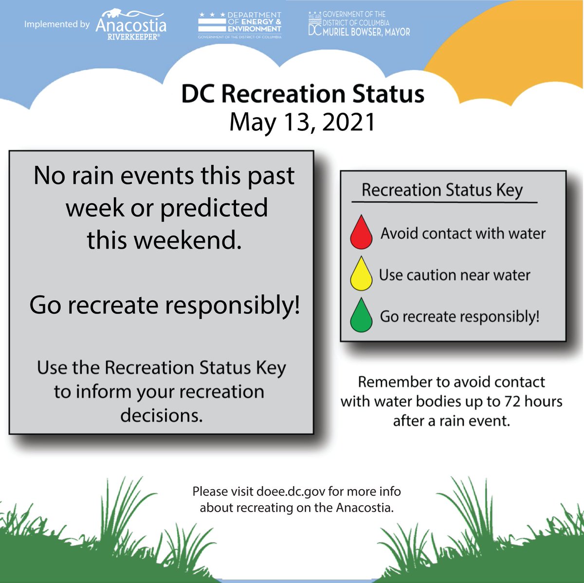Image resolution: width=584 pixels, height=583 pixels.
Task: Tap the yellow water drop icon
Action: coord(361,275)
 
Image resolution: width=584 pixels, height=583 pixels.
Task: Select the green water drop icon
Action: coord(361,316)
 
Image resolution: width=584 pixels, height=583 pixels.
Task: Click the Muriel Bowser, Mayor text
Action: coord(366,32)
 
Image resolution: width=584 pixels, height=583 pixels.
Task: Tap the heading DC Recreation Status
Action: coord(302,94)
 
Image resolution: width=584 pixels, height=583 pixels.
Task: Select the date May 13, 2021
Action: coord(302,122)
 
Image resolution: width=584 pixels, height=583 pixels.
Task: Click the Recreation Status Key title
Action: coord(442,190)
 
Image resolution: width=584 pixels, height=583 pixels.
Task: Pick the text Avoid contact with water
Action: coord(463,234)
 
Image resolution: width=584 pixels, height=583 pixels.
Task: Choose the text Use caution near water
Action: coord(455,275)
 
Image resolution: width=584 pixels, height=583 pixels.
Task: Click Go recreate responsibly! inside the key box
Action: coord(459,317)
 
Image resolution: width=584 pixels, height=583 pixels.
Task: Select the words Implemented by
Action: coord(57,24)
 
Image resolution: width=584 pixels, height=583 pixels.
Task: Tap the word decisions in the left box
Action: coord(161,416)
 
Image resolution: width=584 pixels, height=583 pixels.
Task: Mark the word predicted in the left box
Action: coord(214,208)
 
